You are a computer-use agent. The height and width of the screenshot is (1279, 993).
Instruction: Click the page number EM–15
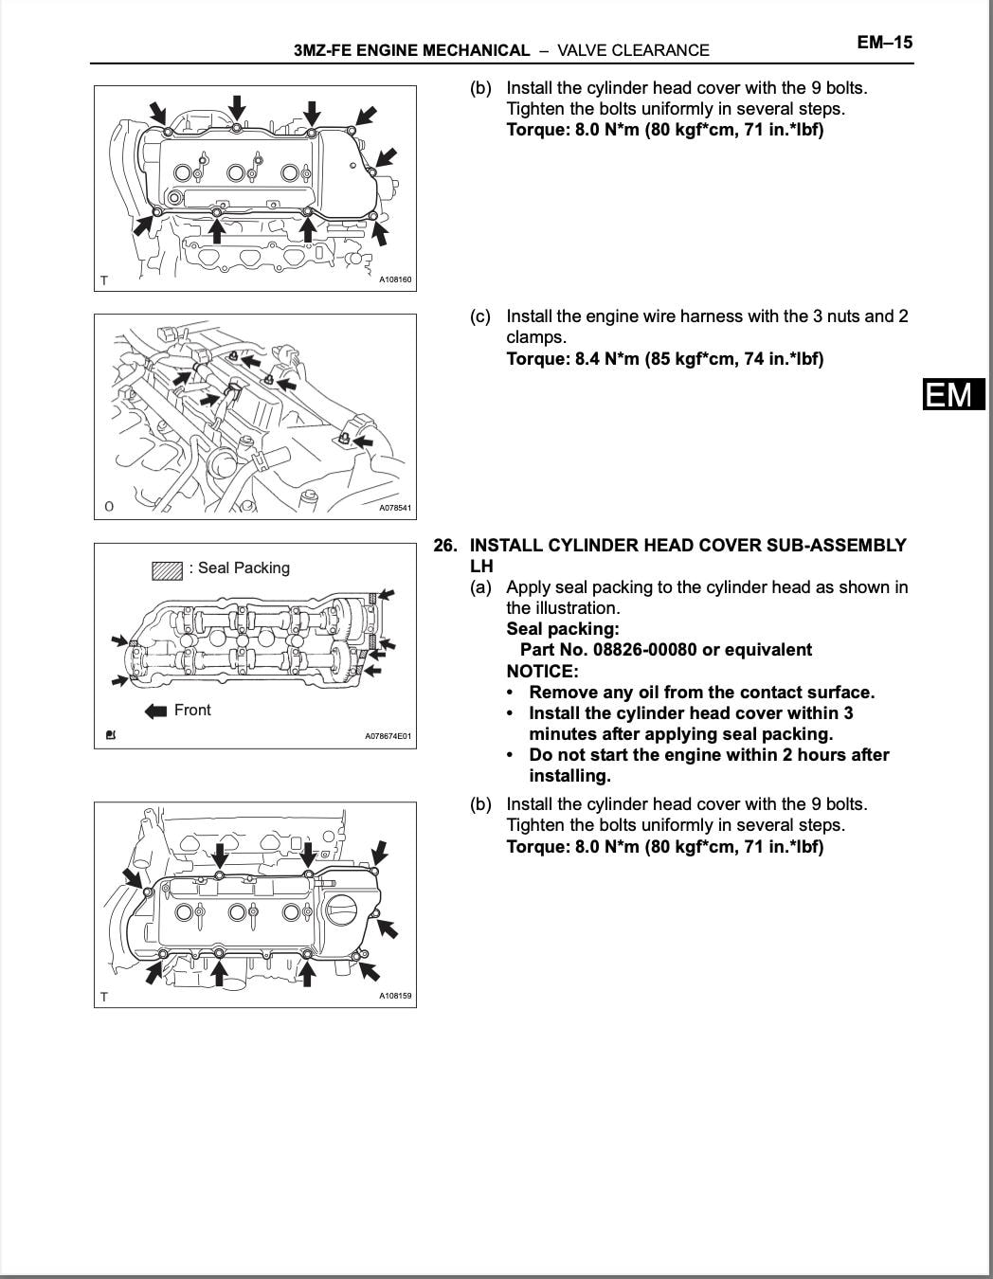coord(884,43)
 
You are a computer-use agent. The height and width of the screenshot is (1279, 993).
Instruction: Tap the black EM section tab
coord(953,394)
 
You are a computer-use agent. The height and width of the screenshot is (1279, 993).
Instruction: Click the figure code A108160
coord(395,280)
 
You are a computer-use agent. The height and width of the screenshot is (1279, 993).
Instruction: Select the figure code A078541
coord(395,508)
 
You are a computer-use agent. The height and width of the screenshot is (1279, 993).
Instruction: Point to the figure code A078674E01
coord(388,736)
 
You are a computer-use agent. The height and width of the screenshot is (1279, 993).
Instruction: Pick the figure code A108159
coord(395,996)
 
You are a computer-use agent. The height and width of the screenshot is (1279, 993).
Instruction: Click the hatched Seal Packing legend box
coord(167,570)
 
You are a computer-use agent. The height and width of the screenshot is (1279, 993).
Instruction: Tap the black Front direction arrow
coord(155,711)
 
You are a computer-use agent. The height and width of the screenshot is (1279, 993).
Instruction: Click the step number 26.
coord(445,546)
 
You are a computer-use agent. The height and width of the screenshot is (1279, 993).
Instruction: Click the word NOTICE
coord(542,671)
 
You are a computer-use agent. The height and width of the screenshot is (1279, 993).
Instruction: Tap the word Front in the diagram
coord(192,711)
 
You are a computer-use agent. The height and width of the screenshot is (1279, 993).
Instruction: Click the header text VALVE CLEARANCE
coord(633,50)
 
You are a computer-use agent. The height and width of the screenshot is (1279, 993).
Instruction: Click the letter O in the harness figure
coord(108,507)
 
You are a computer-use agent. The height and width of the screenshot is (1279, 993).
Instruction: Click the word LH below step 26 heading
coord(481,567)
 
